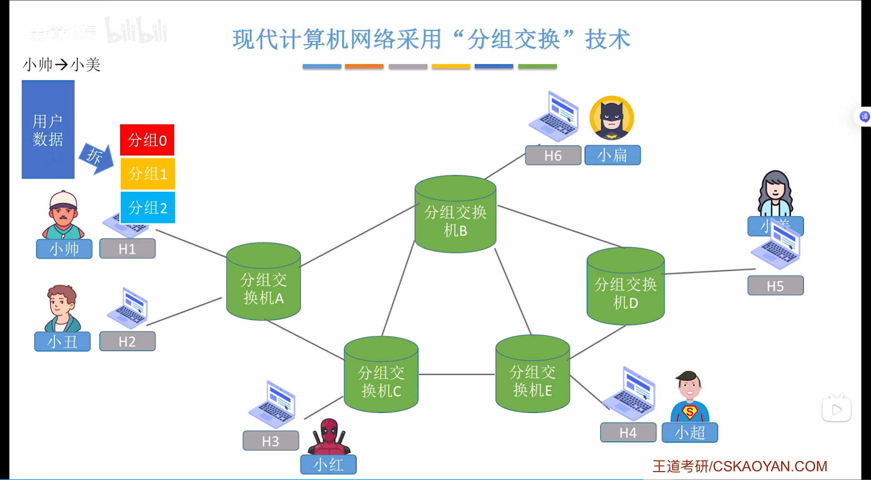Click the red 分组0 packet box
[147, 140]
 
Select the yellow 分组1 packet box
[147, 174]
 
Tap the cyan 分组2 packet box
[147, 207]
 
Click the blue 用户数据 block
[48, 129]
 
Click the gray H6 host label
[553, 155]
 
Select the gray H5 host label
[775, 285]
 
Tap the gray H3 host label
[271, 441]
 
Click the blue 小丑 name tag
[62, 341]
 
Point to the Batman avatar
[612, 118]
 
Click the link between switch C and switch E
[457, 374]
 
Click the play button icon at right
[836, 409]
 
